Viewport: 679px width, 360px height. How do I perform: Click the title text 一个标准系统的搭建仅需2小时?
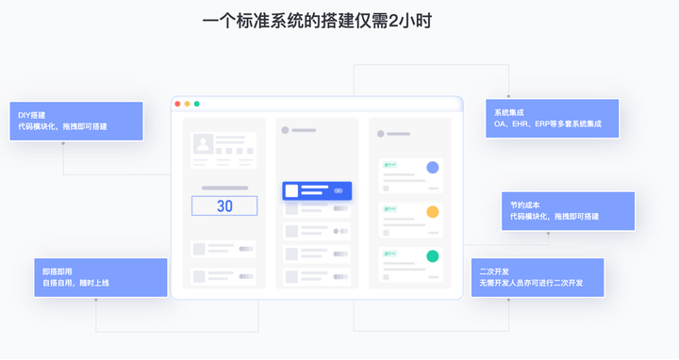pos(317,20)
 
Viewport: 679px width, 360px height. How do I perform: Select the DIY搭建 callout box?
pos(76,121)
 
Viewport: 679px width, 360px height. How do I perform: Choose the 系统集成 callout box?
pos(552,118)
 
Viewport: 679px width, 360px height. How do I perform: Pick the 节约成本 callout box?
pos(568,210)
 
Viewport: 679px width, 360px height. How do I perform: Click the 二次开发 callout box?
pos(538,277)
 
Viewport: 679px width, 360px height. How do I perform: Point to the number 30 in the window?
pos(224,205)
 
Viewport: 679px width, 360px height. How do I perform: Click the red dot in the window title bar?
pos(178,104)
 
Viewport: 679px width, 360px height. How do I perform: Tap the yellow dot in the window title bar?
pos(188,104)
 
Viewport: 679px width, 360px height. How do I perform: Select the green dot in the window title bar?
pos(197,104)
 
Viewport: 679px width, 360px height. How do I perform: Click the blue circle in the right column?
pos(432,168)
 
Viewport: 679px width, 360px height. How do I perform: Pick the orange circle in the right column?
pos(432,212)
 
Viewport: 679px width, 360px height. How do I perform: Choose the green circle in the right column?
pos(432,256)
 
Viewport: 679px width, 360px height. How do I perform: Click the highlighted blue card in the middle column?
pos(317,190)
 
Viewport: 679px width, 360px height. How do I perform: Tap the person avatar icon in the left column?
pos(202,144)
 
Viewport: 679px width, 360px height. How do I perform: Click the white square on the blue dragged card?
pos(292,190)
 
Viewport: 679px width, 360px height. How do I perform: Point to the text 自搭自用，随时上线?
pos(75,283)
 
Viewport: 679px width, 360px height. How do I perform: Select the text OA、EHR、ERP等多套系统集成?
pos(548,123)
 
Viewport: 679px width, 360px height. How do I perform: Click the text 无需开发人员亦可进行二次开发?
pos(531,283)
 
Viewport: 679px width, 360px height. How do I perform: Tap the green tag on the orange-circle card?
pos(389,209)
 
